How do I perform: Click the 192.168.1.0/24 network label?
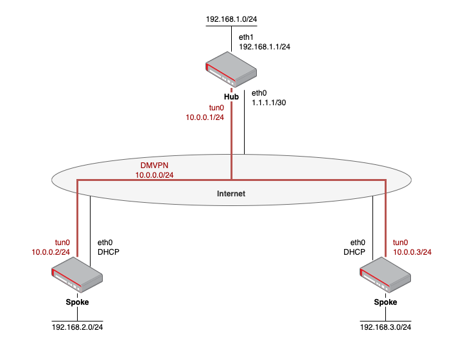tap(231, 20)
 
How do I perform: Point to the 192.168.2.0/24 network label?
tap(77, 327)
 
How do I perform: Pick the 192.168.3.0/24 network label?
tap(385, 327)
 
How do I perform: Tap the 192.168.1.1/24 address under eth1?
tap(265, 47)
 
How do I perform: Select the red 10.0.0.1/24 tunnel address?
tap(205, 117)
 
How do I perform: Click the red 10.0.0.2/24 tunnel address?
tap(51, 252)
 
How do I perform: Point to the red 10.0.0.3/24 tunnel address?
tap(412, 252)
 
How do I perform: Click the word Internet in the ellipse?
tap(231, 193)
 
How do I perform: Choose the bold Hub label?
tap(231, 97)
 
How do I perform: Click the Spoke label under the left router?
tap(77, 302)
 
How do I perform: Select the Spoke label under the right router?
tap(385, 302)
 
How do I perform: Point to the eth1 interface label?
tap(247, 38)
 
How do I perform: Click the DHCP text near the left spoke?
tap(108, 252)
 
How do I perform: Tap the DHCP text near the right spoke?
tap(354, 252)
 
